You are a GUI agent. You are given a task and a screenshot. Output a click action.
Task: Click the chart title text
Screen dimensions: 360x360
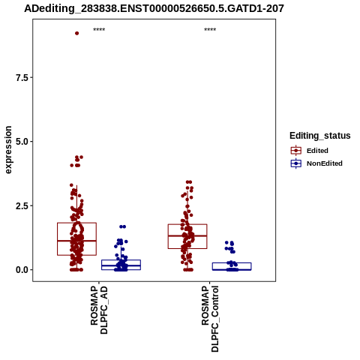154,8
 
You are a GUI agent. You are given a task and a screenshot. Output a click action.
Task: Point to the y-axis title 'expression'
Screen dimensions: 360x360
8,150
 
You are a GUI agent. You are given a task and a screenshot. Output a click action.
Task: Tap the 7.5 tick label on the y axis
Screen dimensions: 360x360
21,78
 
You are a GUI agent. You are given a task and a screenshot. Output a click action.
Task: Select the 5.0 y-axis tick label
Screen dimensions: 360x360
21,142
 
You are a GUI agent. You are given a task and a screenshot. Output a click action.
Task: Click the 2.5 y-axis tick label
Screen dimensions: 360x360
21,206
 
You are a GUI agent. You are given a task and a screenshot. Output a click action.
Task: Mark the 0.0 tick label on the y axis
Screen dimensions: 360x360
21,270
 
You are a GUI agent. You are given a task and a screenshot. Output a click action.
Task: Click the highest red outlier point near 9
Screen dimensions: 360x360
77,33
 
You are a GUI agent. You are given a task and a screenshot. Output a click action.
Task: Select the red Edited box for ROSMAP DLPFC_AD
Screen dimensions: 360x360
76,238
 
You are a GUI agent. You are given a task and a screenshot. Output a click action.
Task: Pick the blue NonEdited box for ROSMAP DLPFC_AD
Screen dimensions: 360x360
121,265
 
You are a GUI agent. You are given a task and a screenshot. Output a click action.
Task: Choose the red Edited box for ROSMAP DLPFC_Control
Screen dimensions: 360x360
187,236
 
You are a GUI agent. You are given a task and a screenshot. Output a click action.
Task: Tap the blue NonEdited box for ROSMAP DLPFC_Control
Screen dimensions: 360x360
232,266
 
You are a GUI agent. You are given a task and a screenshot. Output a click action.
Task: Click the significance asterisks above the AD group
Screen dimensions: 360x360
99,29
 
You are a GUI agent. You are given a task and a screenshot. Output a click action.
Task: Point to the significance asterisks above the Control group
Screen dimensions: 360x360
210,29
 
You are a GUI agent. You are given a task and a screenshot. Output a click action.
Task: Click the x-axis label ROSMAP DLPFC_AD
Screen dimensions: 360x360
99,310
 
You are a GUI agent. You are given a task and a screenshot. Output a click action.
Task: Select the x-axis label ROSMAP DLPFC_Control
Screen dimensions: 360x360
210,319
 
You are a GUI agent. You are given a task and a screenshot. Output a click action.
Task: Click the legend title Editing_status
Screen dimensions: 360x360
320,136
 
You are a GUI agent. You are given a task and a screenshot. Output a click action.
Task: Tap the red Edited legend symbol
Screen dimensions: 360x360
296,151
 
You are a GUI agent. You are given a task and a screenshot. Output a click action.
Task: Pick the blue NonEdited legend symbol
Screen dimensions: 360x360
296,163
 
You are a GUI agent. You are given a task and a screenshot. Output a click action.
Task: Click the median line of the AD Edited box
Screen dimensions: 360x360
76,241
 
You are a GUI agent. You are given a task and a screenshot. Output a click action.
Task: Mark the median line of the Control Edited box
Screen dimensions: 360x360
187,235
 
